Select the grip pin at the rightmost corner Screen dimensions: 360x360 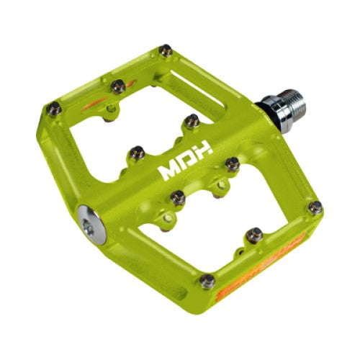pyautogui.click(x=315, y=207)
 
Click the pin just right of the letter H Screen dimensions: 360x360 pyautogui.click(x=231, y=164)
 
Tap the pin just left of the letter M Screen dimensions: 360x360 pyautogui.click(x=135, y=152)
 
